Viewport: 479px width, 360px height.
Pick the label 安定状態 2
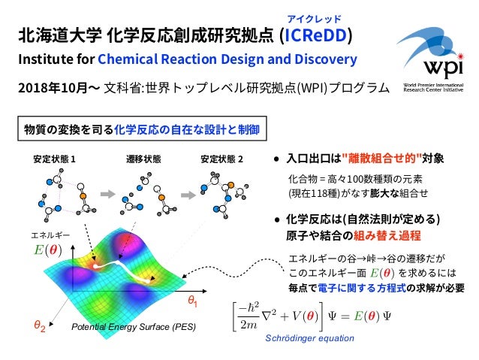[222, 159]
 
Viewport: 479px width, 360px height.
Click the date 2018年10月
[47, 87]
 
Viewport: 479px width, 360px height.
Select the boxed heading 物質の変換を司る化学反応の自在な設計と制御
[142, 129]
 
